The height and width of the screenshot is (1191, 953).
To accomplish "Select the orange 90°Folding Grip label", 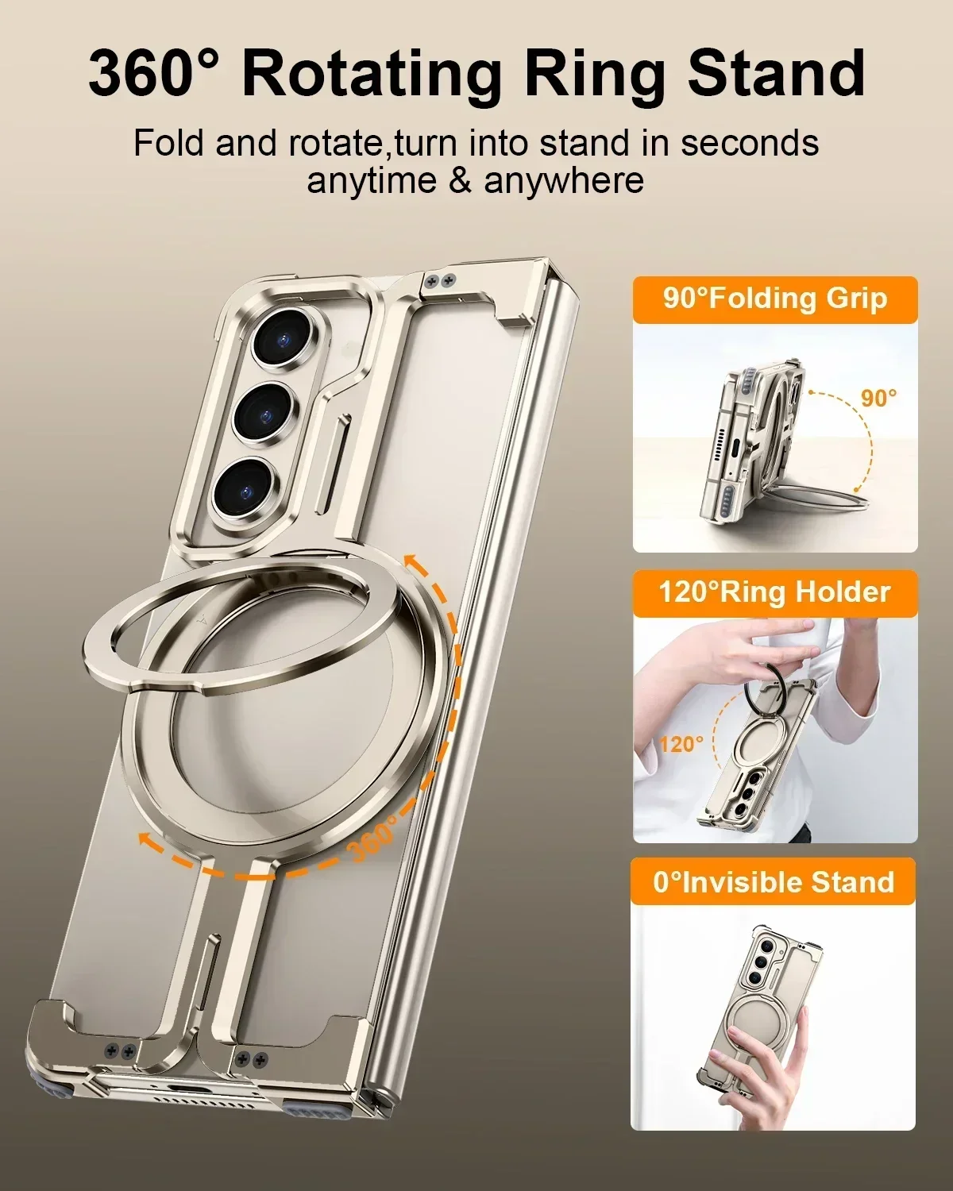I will tap(775, 299).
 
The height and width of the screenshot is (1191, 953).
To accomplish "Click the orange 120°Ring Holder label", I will tap(775, 592).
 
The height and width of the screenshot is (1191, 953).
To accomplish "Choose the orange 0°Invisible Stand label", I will tap(774, 882).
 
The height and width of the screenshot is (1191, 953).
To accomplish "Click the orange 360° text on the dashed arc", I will tap(373, 838).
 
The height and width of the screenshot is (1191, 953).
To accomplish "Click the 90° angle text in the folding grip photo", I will tap(879, 398).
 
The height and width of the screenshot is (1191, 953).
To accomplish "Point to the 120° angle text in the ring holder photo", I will tap(681, 744).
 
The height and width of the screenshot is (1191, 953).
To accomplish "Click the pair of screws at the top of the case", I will tap(439, 279).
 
